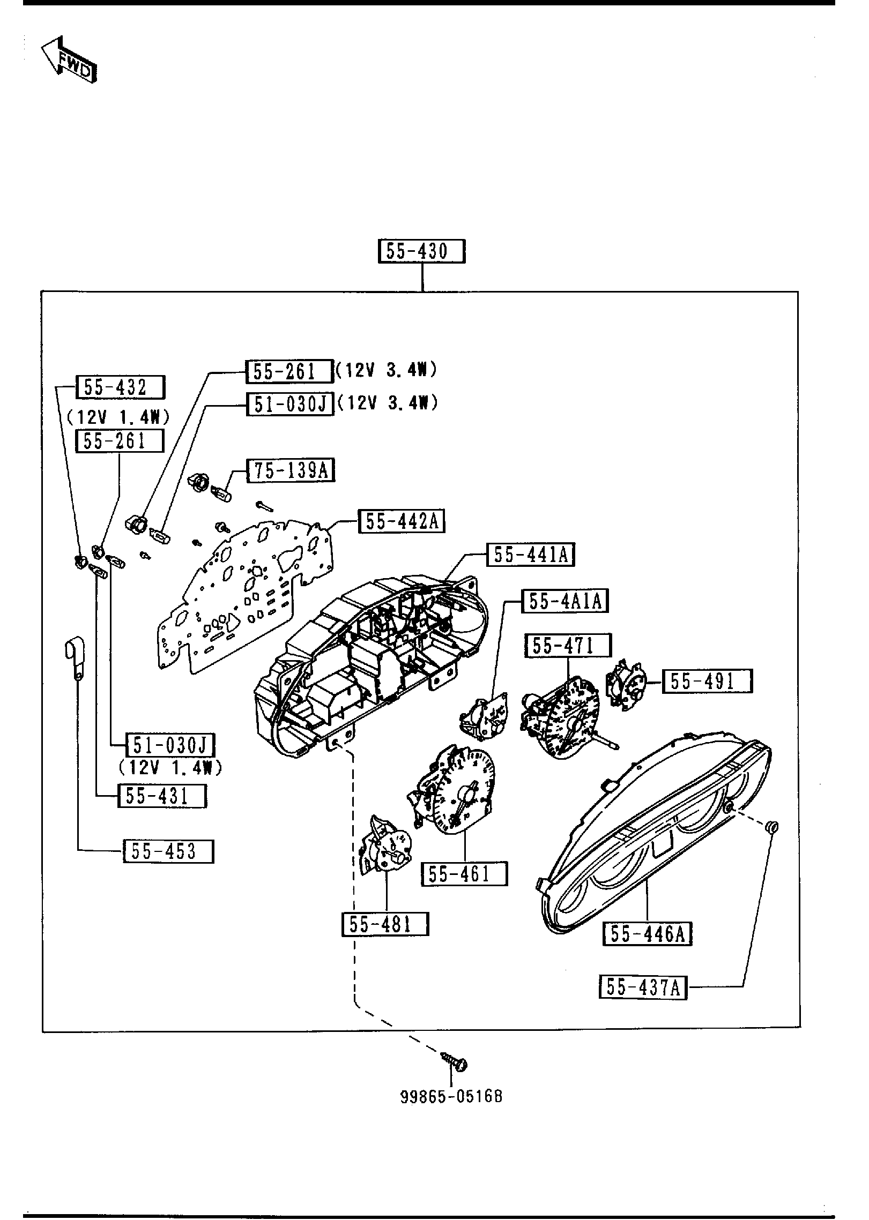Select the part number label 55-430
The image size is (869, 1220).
421,251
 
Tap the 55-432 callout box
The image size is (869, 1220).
120,387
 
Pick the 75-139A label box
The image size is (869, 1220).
290,471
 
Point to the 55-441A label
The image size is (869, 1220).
530,555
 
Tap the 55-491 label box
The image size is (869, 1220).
707,681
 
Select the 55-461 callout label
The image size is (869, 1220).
464,874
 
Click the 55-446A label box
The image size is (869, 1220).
648,934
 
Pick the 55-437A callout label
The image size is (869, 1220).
643,987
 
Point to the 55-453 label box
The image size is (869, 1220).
168,851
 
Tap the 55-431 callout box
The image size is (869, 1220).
161,796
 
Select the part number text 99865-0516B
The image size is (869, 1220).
451,1096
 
